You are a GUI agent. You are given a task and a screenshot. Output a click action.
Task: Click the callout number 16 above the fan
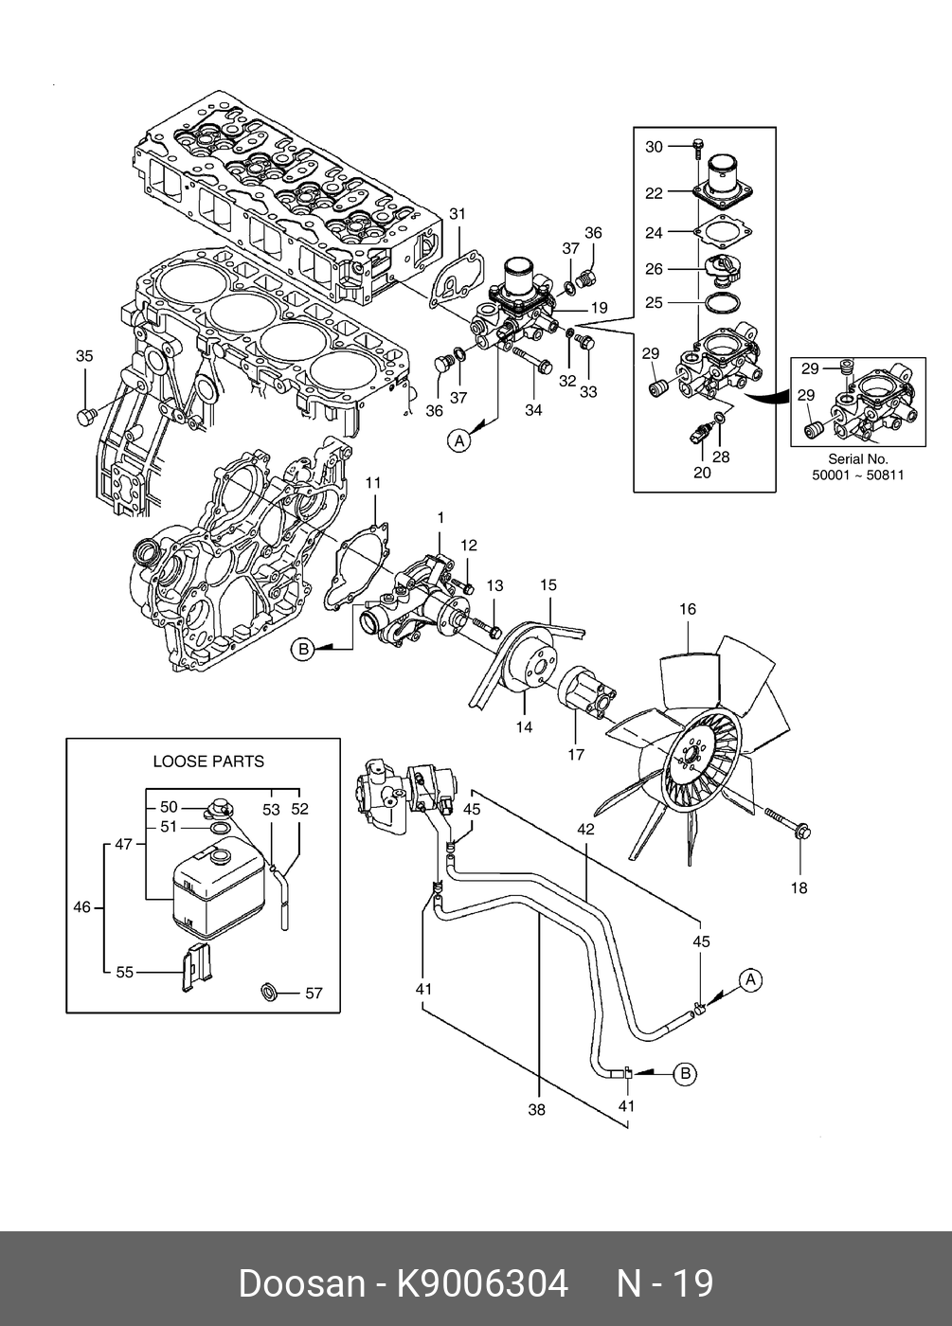point(688,609)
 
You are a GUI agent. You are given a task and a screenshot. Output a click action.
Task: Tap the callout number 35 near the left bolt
point(84,356)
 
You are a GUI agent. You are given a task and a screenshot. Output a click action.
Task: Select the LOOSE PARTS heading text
point(208,762)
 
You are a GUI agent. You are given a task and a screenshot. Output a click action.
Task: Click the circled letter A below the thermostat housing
point(458,440)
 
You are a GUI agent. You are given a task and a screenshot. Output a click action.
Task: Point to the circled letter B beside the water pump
point(302,650)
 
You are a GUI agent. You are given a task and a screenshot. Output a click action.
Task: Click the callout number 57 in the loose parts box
point(314,993)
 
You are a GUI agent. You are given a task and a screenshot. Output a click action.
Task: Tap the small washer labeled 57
point(269,991)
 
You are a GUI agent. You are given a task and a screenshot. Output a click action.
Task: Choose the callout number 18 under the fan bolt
point(799,888)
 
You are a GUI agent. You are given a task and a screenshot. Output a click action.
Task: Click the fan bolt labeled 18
point(787,822)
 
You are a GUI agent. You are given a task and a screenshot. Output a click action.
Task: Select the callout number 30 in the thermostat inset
point(654,147)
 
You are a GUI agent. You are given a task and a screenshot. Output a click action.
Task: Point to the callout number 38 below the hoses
point(536,1110)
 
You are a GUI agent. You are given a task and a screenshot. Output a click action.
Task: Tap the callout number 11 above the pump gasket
point(372,483)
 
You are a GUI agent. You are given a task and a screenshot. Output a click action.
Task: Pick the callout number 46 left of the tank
point(81,907)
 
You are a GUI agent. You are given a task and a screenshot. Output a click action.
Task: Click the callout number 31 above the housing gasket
point(457,214)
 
